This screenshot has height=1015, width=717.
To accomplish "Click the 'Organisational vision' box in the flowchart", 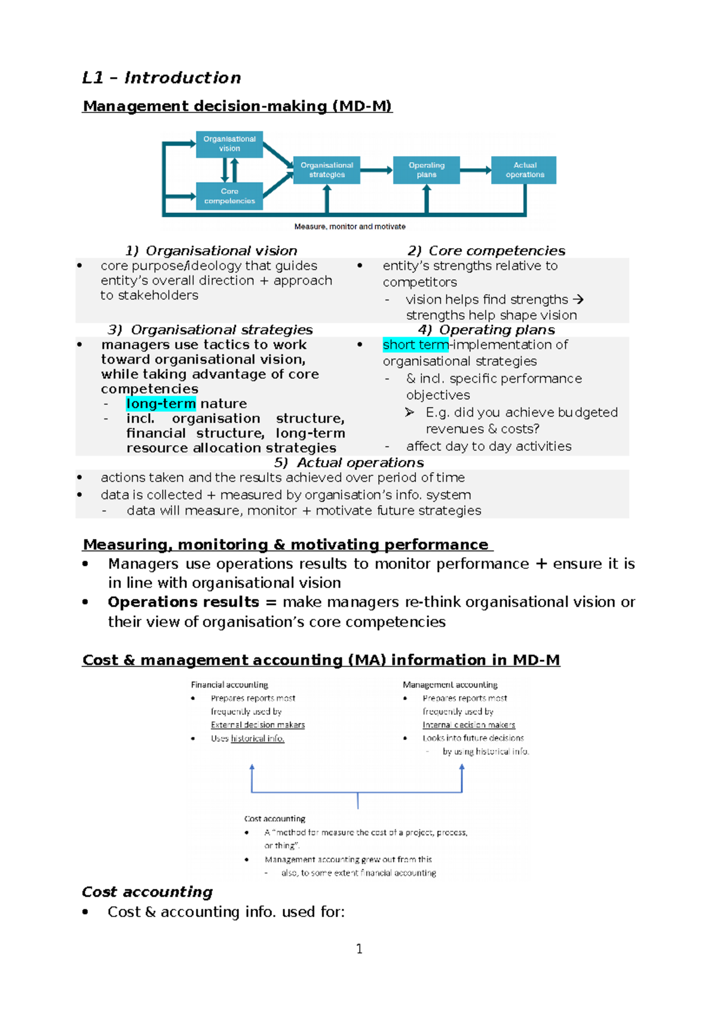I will [x=229, y=144].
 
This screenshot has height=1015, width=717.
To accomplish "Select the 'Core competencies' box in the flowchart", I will [x=229, y=196].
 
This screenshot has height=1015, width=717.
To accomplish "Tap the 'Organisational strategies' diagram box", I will [x=327, y=170].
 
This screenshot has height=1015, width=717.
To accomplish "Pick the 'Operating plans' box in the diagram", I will [x=426, y=170].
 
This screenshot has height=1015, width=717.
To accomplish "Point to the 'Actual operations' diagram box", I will [x=524, y=170].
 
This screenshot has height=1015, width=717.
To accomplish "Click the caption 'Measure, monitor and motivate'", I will [x=350, y=227].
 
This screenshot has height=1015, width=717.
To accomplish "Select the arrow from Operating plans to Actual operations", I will [x=476, y=170].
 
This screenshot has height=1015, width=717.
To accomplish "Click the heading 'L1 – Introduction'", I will [x=161, y=78].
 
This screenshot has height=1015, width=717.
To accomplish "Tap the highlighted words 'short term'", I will [x=415, y=345].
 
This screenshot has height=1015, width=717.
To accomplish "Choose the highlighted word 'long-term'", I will [x=161, y=403].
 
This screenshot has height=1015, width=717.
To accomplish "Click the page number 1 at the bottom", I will [x=359, y=949].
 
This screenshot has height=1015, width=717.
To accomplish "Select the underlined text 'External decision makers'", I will [x=258, y=725].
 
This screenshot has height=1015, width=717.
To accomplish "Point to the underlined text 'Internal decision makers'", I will [x=468, y=725].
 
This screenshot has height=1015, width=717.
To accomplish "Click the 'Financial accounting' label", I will [x=229, y=685].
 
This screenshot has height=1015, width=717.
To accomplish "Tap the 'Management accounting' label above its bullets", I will [x=450, y=685].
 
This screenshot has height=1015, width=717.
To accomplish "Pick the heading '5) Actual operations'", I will [x=349, y=463].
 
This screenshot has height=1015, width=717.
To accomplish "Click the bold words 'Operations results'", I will [x=183, y=602].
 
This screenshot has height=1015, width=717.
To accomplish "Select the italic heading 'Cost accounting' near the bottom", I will [x=147, y=892].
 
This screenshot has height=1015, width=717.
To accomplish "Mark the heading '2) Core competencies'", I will [x=486, y=250].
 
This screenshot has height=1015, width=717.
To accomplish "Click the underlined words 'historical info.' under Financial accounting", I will [x=258, y=739].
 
